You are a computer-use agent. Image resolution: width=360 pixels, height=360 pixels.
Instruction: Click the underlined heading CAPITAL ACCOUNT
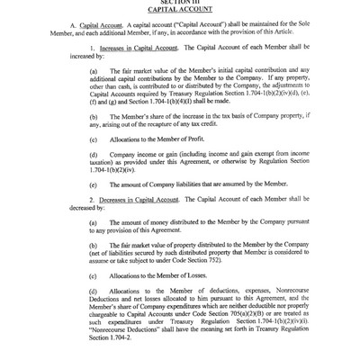[x=179, y=11]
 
